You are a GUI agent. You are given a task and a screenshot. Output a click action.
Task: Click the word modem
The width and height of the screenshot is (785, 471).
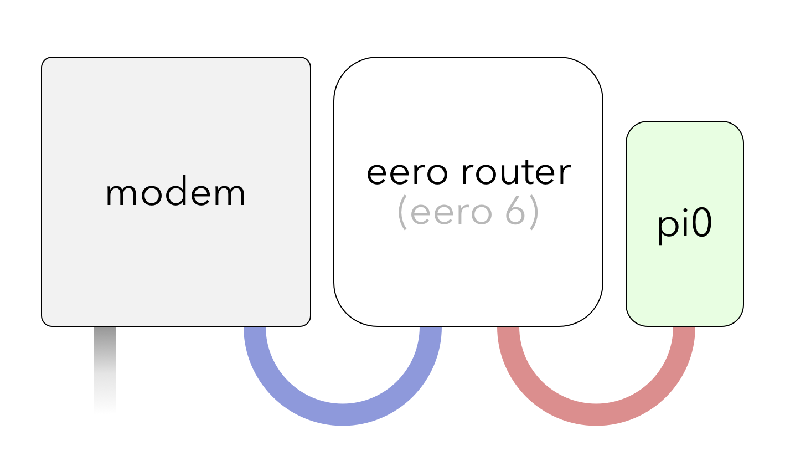point(175,193)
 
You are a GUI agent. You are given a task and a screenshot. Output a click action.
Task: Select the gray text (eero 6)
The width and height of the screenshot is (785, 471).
point(468,213)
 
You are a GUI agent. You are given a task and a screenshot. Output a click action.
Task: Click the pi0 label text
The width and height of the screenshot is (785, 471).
point(685,225)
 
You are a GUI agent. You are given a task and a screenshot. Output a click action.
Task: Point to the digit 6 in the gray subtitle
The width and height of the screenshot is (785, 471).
point(516,213)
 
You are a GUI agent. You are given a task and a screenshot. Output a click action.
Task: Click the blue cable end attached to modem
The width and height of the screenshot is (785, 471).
point(255,332)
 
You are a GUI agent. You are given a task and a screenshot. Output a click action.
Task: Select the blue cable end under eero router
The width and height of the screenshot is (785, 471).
point(430,332)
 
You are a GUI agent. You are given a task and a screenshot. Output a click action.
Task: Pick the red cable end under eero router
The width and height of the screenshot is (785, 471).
point(509,332)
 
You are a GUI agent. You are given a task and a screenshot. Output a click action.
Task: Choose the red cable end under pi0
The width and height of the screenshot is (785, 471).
point(684,332)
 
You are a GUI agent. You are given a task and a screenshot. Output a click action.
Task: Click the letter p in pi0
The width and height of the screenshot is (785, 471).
point(666,227)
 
